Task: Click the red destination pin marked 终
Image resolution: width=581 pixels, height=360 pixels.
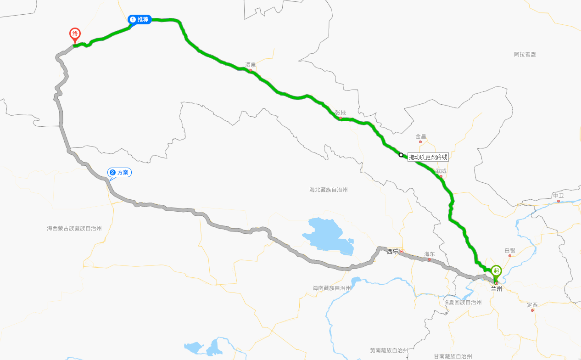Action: point(75,35)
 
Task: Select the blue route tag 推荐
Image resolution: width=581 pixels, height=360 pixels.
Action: point(140,19)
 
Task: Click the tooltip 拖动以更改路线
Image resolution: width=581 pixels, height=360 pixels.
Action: point(428,157)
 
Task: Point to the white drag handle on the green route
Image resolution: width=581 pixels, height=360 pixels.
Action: point(401,155)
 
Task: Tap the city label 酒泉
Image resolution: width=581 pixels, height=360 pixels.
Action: point(251,65)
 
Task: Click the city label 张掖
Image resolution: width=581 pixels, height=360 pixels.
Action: point(341,112)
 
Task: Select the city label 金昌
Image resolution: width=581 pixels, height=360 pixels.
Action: point(421,136)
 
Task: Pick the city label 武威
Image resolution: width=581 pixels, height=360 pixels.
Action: point(441,171)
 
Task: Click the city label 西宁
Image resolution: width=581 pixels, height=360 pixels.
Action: point(393,252)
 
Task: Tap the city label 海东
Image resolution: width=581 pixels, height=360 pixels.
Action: point(430,254)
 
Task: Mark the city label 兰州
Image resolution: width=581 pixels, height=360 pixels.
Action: point(497,289)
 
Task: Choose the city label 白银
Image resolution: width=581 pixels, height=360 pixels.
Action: point(510,250)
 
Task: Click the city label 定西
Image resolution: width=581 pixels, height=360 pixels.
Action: point(532,304)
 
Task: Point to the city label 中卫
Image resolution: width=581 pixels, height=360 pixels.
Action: point(559,196)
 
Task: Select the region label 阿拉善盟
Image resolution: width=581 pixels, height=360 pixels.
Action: point(525,54)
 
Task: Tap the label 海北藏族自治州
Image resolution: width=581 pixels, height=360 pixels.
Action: point(329,190)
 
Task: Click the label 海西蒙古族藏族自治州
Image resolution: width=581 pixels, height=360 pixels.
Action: point(74,228)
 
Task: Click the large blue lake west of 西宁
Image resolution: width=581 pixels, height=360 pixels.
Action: point(328,236)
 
